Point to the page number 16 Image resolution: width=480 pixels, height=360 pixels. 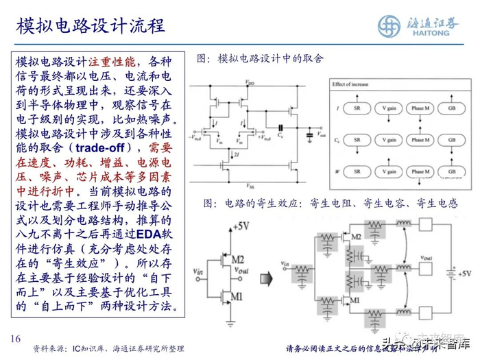[x=15, y=340]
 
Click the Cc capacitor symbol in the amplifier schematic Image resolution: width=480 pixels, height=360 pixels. [x=281, y=128]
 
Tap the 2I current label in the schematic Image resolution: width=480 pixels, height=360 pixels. [x=238, y=154]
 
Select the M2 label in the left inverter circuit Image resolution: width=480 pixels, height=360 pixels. [x=237, y=259]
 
